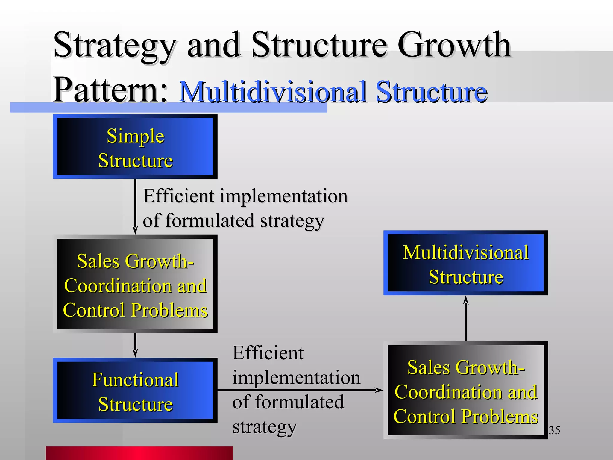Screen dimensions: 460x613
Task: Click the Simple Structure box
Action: coord(135,146)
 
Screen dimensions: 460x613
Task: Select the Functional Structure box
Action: coord(135,390)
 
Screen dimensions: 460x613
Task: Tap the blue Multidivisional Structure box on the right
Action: coord(465,263)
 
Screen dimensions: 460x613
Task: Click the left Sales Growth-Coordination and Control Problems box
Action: coord(135,284)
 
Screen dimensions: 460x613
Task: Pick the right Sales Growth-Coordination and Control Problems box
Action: coord(465,390)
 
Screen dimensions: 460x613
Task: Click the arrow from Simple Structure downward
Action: coord(135,207)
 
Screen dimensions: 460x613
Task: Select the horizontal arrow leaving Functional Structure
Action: coord(299,390)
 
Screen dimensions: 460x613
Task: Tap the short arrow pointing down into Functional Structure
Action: coord(135,345)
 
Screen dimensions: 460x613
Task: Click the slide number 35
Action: coord(554,430)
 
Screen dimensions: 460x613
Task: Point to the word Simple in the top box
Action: coord(136,136)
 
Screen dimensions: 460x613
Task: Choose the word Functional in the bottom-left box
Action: coord(135,380)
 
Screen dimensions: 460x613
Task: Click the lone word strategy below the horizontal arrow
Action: coord(265,427)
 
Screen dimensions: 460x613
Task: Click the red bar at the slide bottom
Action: coord(139,453)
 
